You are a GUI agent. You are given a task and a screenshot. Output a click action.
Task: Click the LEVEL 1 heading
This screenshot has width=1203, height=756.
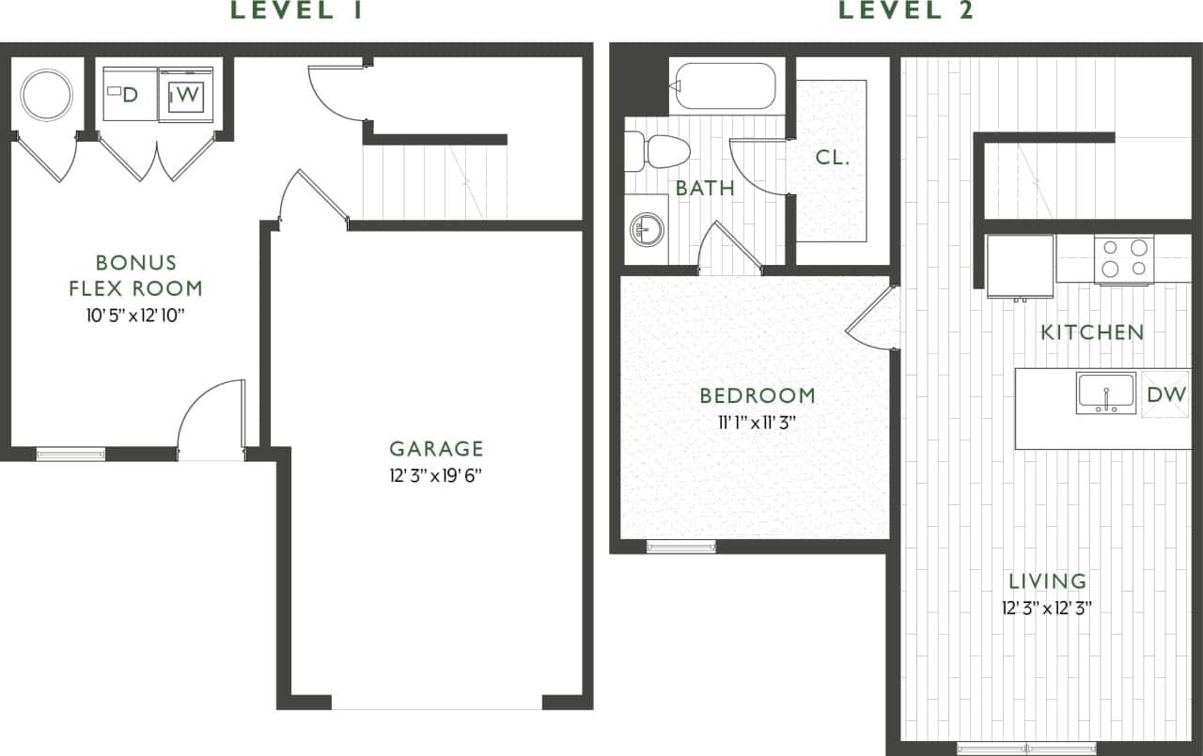click(x=296, y=11)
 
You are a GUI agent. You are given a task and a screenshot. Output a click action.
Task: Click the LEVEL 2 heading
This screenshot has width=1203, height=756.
click(x=906, y=11)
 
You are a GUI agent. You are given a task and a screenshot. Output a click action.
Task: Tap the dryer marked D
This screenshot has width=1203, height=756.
click(x=130, y=94)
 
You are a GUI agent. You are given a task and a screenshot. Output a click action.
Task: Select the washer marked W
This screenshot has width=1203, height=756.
click(x=186, y=94)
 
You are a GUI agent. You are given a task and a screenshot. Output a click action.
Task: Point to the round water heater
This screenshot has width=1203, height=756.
click(x=46, y=94)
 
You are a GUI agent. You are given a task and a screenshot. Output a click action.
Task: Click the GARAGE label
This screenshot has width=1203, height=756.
click(x=436, y=449)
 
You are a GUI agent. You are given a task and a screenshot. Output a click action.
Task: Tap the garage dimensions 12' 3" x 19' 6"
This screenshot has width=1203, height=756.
click(x=436, y=476)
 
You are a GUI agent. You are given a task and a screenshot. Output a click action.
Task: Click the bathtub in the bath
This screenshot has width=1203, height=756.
click(x=723, y=86)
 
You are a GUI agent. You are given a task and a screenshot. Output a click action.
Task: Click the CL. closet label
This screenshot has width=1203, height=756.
click(x=833, y=158)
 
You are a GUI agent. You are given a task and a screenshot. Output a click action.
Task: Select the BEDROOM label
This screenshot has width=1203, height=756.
click(x=758, y=395)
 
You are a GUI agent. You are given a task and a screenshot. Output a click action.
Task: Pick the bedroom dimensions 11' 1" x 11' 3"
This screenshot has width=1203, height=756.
click(x=758, y=423)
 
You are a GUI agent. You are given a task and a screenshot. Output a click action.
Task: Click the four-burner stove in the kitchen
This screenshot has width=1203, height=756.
click(x=1125, y=258)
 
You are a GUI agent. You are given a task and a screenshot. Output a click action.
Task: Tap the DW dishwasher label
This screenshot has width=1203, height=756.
click(x=1166, y=394)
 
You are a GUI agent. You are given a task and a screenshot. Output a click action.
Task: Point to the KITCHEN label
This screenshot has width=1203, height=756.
click(x=1092, y=332)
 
